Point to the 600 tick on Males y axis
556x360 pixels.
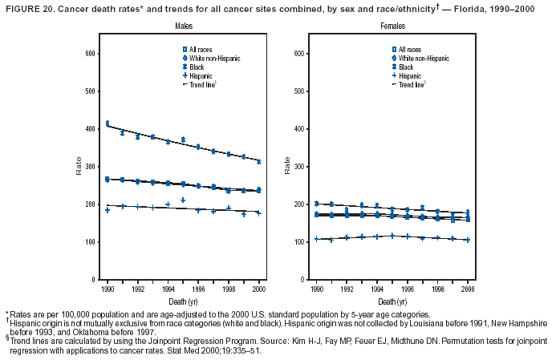tap(91, 54)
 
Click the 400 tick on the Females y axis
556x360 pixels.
tap(298, 129)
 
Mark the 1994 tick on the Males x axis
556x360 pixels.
tap(168, 287)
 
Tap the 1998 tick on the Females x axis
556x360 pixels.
tap(438, 287)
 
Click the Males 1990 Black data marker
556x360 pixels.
tap(108, 123)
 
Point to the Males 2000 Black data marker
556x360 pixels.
tap(258, 161)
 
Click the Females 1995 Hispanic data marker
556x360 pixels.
tap(392, 236)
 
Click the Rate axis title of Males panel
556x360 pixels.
tap(79, 167)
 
